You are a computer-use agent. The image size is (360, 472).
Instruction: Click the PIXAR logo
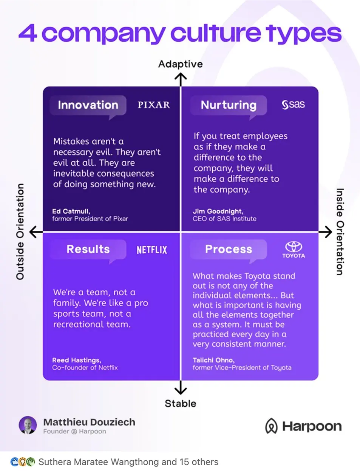[153, 105]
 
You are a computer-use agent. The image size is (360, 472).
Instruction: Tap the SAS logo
[293, 105]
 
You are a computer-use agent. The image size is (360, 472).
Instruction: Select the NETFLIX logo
[151, 250]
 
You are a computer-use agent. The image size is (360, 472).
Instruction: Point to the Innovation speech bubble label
[88, 105]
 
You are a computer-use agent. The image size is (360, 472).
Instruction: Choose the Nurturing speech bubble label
[229, 105]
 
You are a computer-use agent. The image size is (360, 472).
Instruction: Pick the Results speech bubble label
[88, 249]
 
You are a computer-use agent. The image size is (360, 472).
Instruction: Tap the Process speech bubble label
[229, 249]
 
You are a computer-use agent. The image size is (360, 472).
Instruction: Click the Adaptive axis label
[180, 64]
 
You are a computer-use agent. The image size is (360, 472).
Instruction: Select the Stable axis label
[180, 404]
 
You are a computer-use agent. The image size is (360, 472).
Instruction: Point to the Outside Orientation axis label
[20, 231]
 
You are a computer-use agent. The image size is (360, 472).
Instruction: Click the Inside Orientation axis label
[340, 231]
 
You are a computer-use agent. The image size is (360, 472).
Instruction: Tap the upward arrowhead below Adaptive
[181, 77]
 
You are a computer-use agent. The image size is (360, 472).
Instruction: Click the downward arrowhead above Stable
[181, 390]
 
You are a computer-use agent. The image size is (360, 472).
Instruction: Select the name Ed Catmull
[71, 211]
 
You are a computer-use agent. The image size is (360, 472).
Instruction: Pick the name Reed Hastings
[77, 360]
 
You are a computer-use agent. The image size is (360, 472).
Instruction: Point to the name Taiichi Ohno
[213, 360]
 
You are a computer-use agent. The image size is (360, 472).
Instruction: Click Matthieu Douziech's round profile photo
[28, 426]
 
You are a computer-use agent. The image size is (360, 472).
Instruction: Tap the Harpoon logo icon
[271, 426]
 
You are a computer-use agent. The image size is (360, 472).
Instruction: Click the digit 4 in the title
[28, 34]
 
